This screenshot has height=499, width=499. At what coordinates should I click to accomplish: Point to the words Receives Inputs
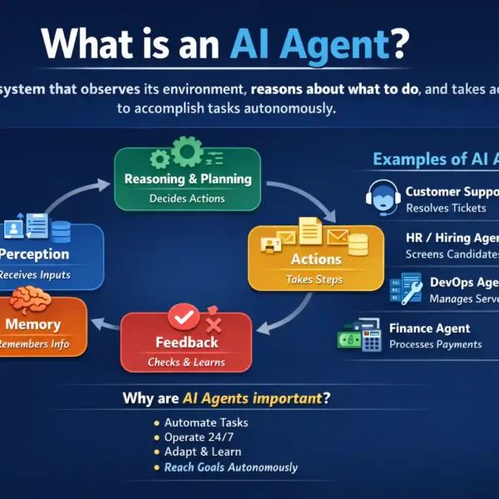tap(35, 274)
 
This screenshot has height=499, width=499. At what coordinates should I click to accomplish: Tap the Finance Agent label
tap(429, 329)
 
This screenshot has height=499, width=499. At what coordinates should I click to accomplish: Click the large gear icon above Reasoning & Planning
tap(187, 153)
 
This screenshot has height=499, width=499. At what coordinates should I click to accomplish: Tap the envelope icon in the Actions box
tap(338, 239)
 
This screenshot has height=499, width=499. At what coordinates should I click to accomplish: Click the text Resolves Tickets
tap(446, 208)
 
